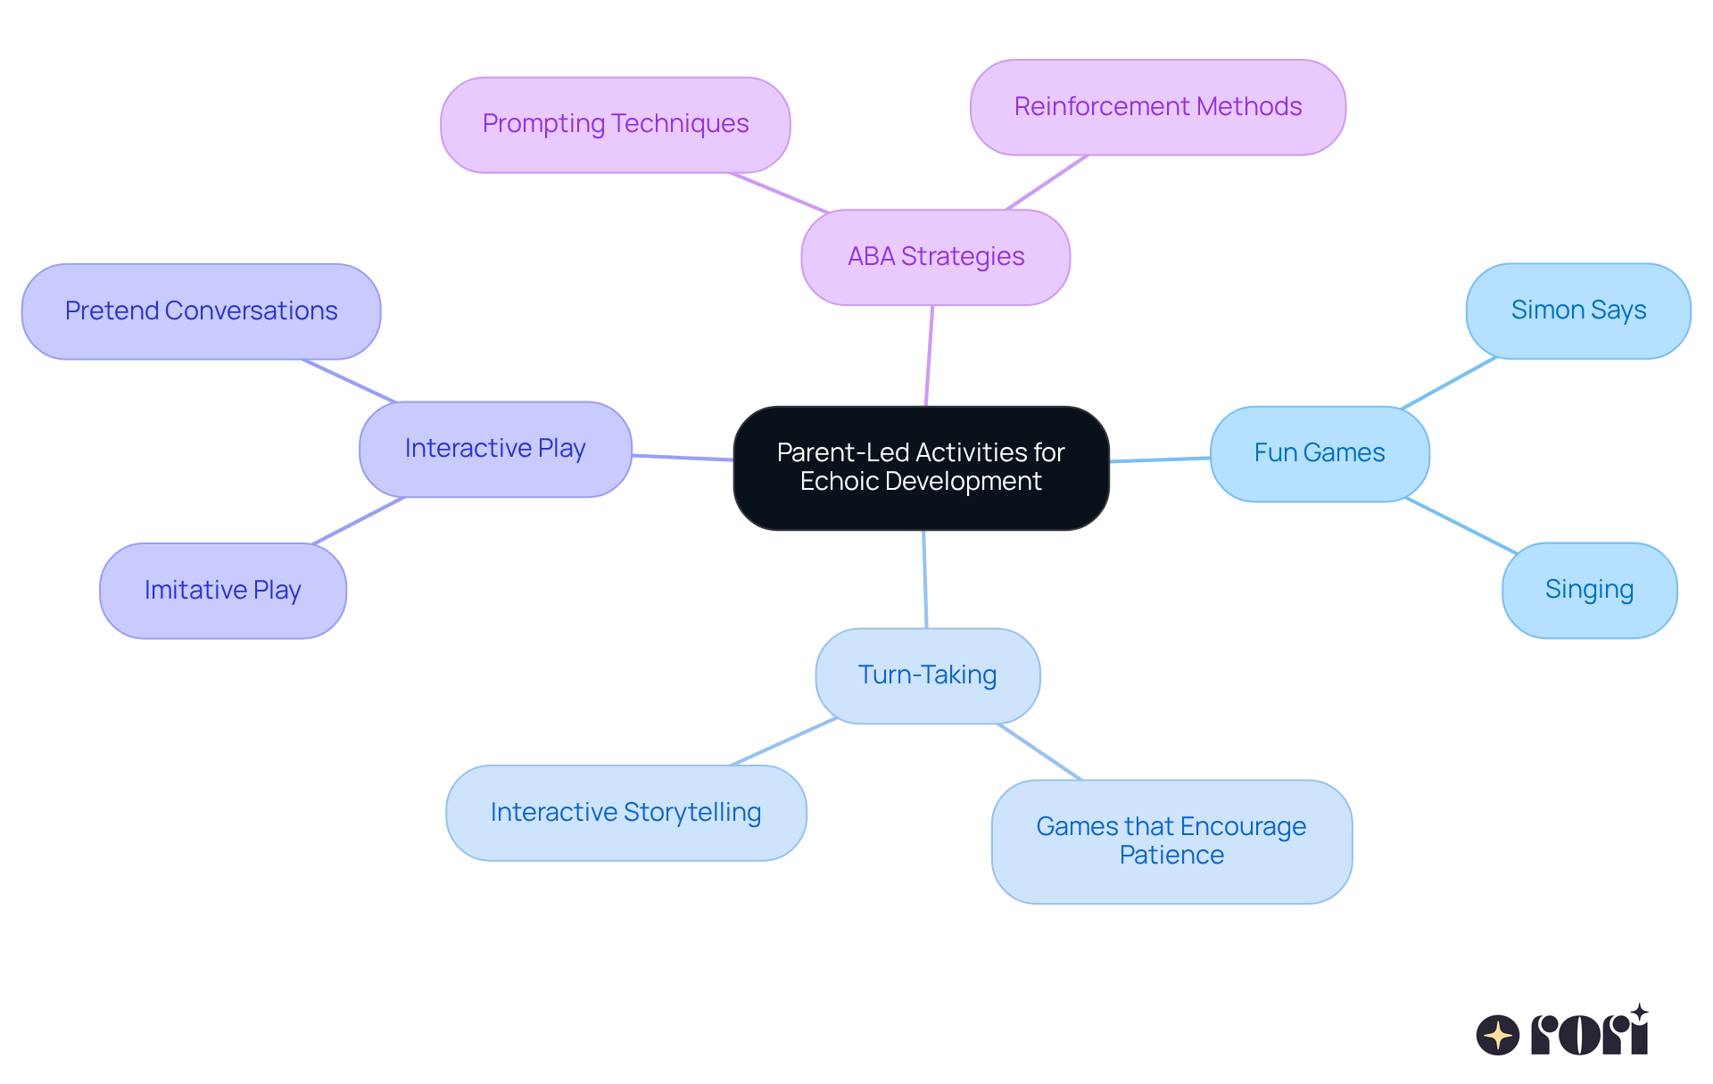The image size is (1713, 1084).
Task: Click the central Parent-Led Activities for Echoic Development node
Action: click(x=921, y=468)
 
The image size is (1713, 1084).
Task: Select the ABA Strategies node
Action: click(x=935, y=257)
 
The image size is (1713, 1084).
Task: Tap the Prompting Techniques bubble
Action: click(x=615, y=124)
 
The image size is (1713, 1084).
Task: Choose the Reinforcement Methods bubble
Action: click(x=1157, y=107)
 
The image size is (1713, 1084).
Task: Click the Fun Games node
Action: click(x=1319, y=453)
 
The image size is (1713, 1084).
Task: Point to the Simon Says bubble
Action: click(x=1577, y=310)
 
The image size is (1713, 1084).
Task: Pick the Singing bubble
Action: click(x=1589, y=590)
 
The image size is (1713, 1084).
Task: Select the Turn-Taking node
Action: click(x=927, y=675)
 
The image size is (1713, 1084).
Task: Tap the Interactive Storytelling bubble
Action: click(x=625, y=812)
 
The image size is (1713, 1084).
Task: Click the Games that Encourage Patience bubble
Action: click(x=1171, y=840)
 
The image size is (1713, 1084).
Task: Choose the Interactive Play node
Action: click(x=495, y=449)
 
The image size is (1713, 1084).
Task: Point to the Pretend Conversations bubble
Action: click(x=201, y=311)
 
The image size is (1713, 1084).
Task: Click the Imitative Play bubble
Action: click(x=222, y=591)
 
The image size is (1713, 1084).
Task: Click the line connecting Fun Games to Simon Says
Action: click(x=1449, y=383)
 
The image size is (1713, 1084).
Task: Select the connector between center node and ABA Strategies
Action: click(x=930, y=355)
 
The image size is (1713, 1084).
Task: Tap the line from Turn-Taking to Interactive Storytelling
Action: click(x=783, y=741)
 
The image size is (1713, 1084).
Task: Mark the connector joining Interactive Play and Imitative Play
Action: click(x=359, y=520)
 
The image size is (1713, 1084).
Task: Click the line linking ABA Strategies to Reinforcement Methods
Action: click(x=1047, y=183)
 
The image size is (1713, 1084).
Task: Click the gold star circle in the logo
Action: click(x=1497, y=1035)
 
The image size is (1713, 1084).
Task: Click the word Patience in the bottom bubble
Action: click(x=1171, y=855)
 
